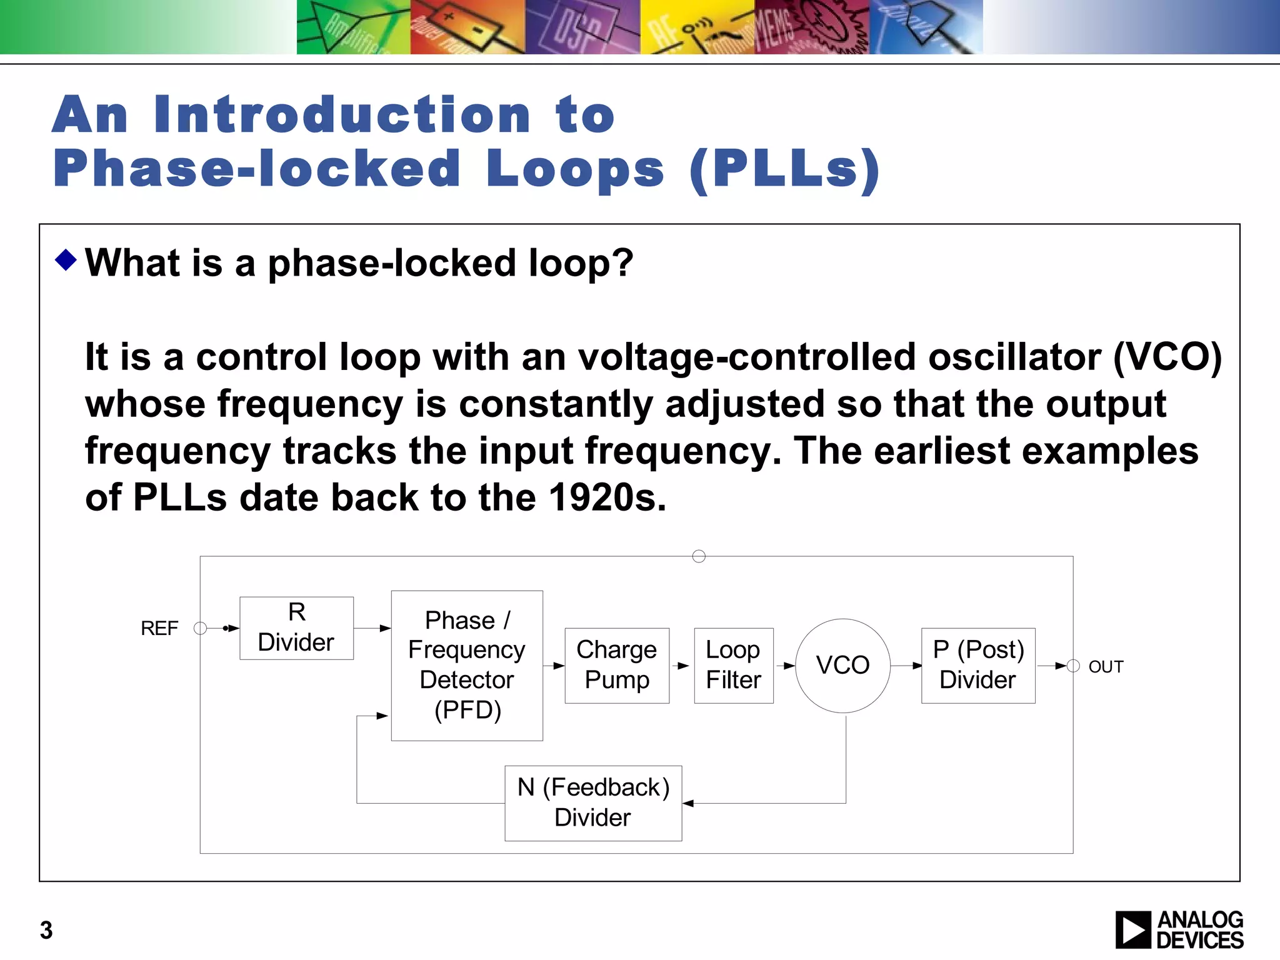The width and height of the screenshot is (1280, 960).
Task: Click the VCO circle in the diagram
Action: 842,666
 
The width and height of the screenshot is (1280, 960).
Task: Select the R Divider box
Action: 296,627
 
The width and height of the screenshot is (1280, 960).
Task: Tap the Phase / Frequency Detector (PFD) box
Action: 467,666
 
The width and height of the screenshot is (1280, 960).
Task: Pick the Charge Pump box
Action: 617,666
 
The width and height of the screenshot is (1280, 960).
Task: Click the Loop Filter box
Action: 733,666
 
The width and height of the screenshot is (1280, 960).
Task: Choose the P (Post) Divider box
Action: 978,666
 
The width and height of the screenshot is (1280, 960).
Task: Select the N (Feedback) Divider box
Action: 593,803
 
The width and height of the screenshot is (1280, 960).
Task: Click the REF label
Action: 159,628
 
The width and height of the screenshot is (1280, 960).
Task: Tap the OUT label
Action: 1106,667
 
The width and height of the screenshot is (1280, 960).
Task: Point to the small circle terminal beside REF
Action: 200,628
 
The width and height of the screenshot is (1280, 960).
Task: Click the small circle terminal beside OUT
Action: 1073,666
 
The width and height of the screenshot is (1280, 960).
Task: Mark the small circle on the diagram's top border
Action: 699,556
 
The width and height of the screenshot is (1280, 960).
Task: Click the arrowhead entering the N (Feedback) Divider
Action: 688,803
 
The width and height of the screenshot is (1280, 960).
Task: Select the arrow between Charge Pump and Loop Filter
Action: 682,666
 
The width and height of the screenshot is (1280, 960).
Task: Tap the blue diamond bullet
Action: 66,259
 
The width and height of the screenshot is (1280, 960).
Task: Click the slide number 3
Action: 46,930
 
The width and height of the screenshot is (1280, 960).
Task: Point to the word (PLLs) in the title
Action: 784,169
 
